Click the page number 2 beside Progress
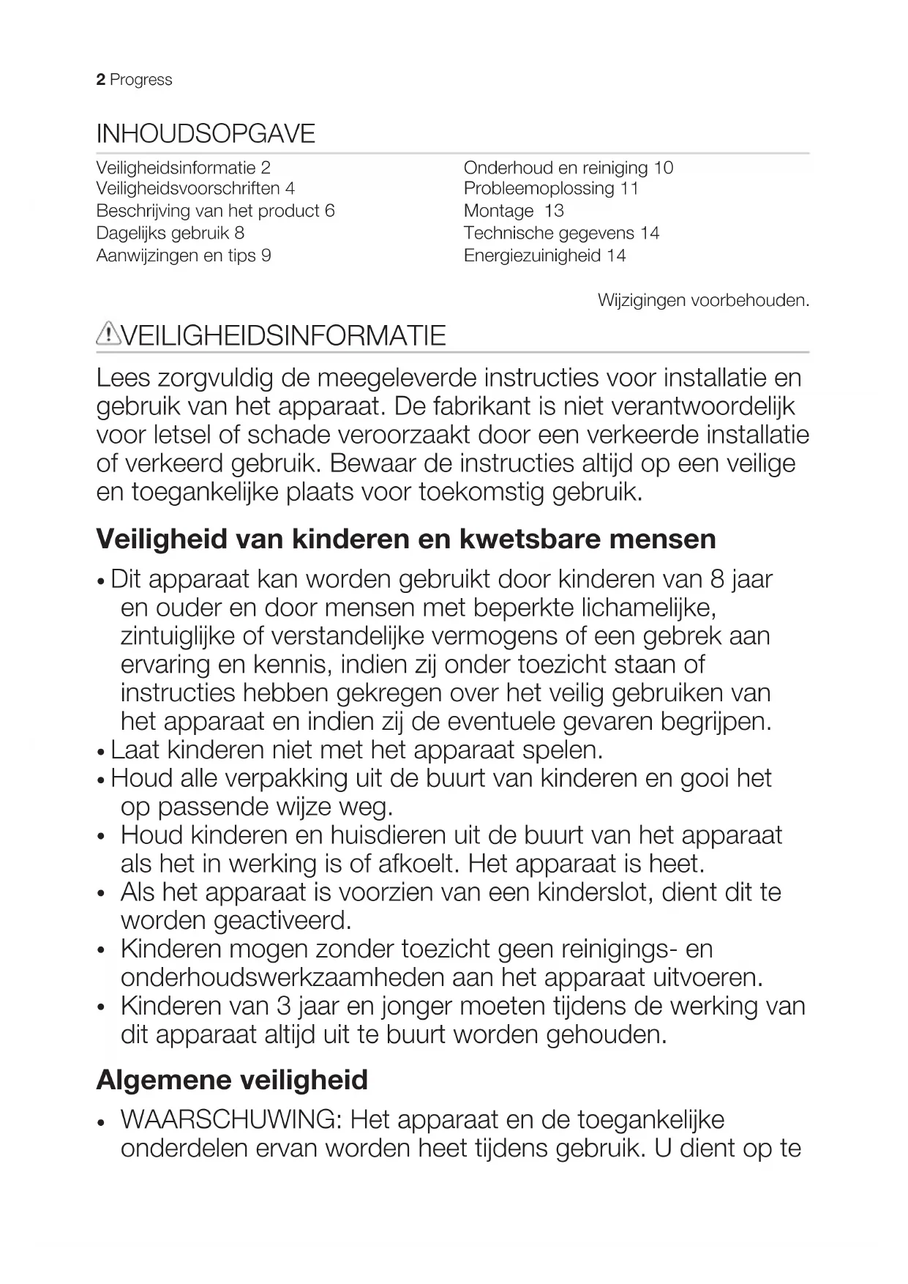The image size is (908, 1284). (x=101, y=80)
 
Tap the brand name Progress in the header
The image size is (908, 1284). (x=141, y=80)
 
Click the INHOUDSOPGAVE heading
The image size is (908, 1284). (x=206, y=134)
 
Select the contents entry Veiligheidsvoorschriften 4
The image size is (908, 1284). (x=195, y=189)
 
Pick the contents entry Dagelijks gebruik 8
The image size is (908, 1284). (x=170, y=234)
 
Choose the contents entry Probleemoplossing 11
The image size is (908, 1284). (x=551, y=189)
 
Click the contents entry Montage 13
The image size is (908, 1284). (x=514, y=212)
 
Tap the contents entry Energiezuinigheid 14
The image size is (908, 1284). (x=544, y=255)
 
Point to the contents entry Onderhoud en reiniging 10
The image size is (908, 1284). (x=568, y=168)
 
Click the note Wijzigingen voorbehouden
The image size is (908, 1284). (x=703, y=300)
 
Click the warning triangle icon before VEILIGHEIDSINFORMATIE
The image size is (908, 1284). (x=108, y=334)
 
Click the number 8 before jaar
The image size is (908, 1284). (x=717, y=579)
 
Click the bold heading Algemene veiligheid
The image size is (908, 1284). (x=232, y=1080)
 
